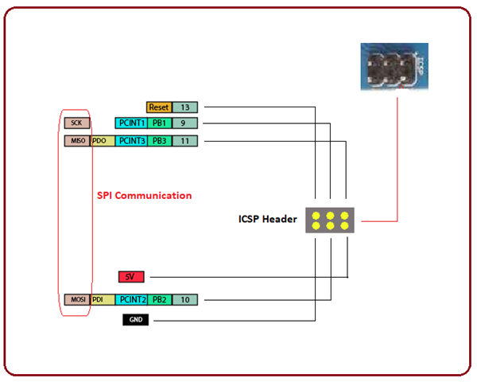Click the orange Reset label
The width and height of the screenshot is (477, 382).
[x=159, y=107]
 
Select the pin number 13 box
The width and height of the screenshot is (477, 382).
[x=185, y=107]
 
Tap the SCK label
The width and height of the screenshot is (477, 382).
[x=77, y=123]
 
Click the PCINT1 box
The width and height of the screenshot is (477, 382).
[x=131, y=123]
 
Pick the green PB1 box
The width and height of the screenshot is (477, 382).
[x=159, y=123]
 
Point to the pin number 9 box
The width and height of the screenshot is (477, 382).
[x=185, y=123]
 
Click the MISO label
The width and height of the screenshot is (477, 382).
[x=77, y=141]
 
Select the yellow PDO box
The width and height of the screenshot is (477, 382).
[x=102, y=141]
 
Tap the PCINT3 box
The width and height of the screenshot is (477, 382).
[x=131, y=141]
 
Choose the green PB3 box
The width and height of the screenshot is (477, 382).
[x=159, y=141]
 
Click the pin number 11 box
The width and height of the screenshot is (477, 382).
[x=185, y=141]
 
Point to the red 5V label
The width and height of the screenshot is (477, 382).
[x=131, y=277]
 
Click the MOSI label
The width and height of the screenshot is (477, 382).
[x=77, y=300]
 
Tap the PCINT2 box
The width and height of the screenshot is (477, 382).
[x=131, y=300]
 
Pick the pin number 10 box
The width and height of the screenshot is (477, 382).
[x=185, y=300]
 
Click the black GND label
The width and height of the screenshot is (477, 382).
[x=135, y=320]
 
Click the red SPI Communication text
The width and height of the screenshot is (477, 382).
[x=144, y=195]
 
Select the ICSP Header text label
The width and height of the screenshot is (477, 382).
[x=267, y=220]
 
